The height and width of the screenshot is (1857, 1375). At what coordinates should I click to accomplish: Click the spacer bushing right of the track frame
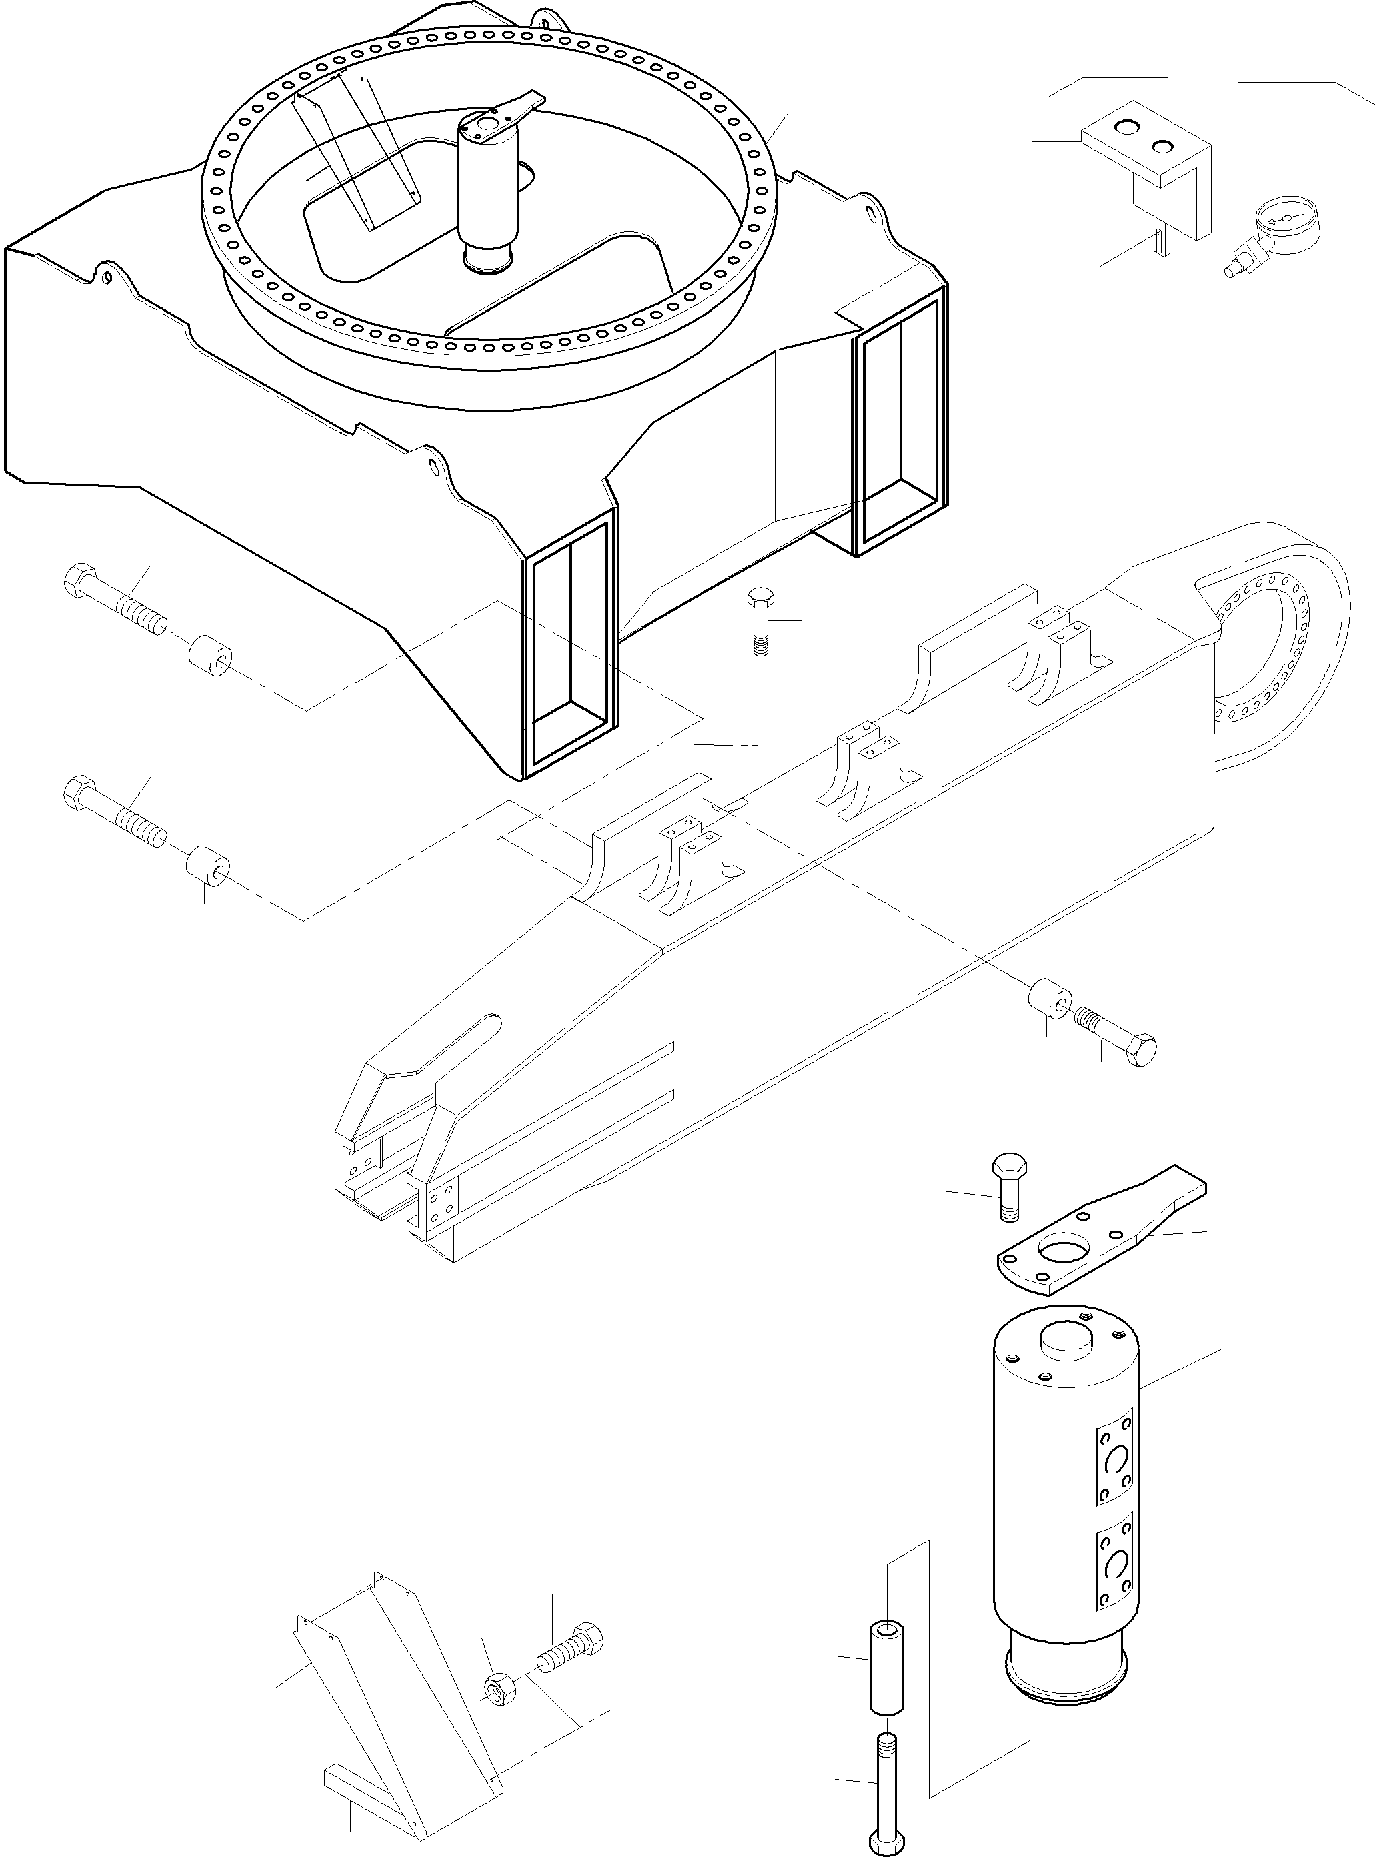click(x=1050, y=999)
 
